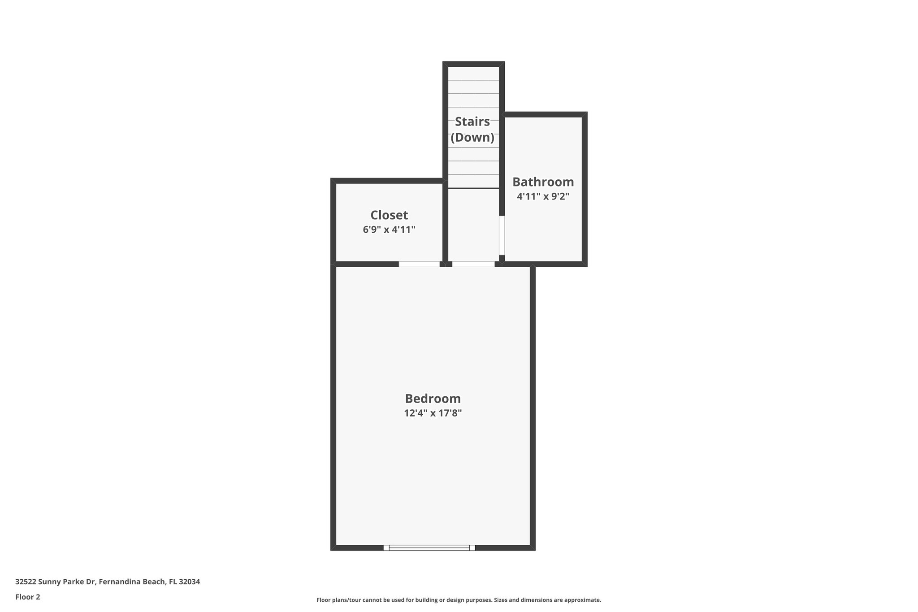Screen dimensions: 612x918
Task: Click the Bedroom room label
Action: (x=433, y=399)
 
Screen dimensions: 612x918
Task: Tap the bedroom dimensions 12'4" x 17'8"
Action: (x=433, y=413)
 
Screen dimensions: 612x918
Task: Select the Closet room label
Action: (x=389, y=215)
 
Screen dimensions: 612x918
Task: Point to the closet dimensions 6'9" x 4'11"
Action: (x=389, y=230)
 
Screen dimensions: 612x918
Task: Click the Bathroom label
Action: (x=543, y=182)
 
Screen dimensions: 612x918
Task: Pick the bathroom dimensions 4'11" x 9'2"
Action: (x=543, y=196)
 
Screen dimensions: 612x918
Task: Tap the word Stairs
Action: (x=472, y=122)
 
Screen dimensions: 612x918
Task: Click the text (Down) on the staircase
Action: (x=472, y=137)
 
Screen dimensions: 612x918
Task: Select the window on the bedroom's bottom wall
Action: (x=429, y=547)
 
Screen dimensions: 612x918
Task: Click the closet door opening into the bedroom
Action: (x=419, y=264)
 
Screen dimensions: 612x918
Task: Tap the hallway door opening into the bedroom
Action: (x=473, y=264)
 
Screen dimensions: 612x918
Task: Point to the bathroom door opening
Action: (x=502, y=235)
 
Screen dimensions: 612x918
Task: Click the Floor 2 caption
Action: (x=28, y=597)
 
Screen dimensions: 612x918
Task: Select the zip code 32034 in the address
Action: (x=189, y=582)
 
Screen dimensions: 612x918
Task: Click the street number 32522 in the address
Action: (x=26, y=582)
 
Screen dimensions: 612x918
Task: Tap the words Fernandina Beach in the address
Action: (x=132, y=582)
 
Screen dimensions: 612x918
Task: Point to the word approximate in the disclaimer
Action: (x=582, y=600)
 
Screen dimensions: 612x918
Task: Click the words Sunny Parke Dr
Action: (x=67, y=582)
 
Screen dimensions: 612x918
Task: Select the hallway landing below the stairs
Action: (x=473, y=224)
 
